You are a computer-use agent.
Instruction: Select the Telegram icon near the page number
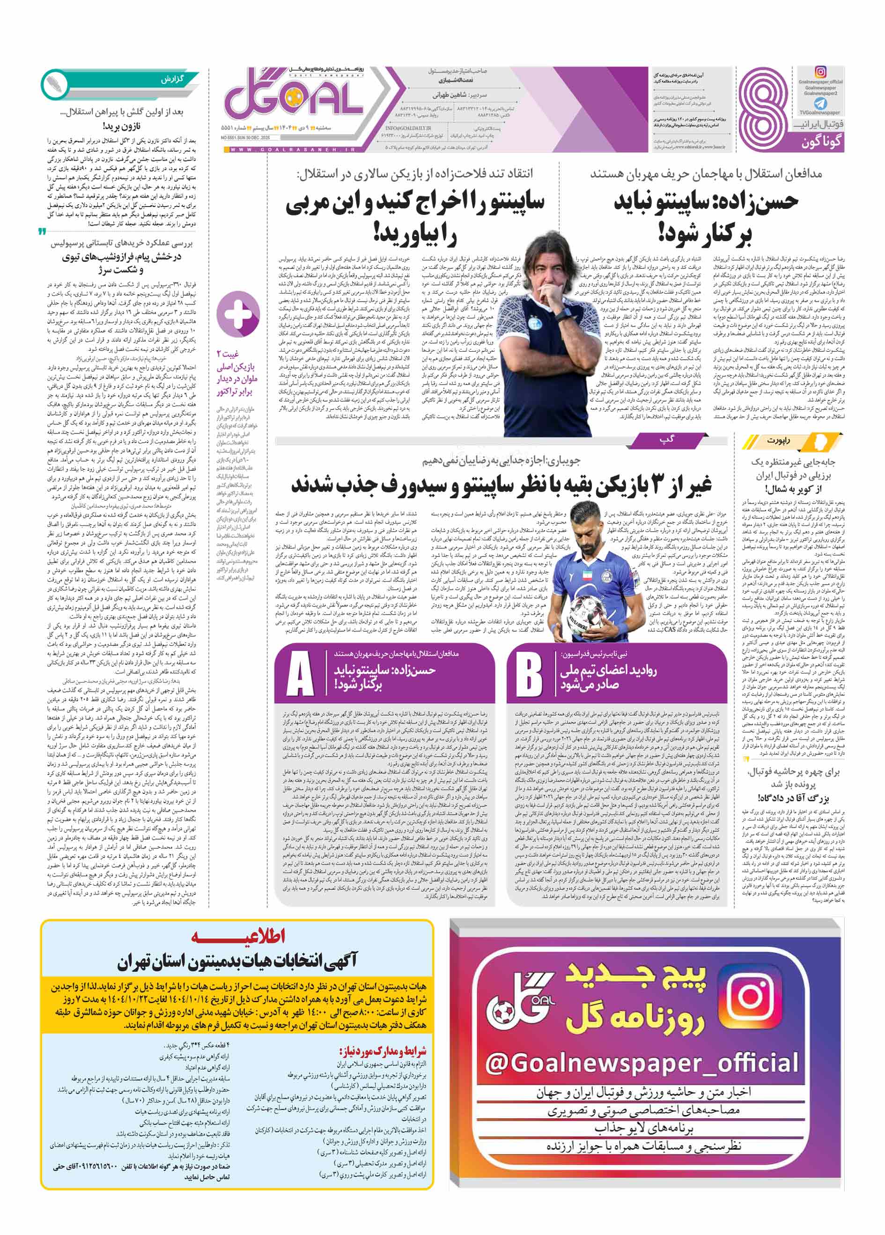[x=820, y=103]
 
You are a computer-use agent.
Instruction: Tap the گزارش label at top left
[x=172, y=80]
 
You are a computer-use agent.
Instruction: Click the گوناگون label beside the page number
[x=821, y=143]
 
